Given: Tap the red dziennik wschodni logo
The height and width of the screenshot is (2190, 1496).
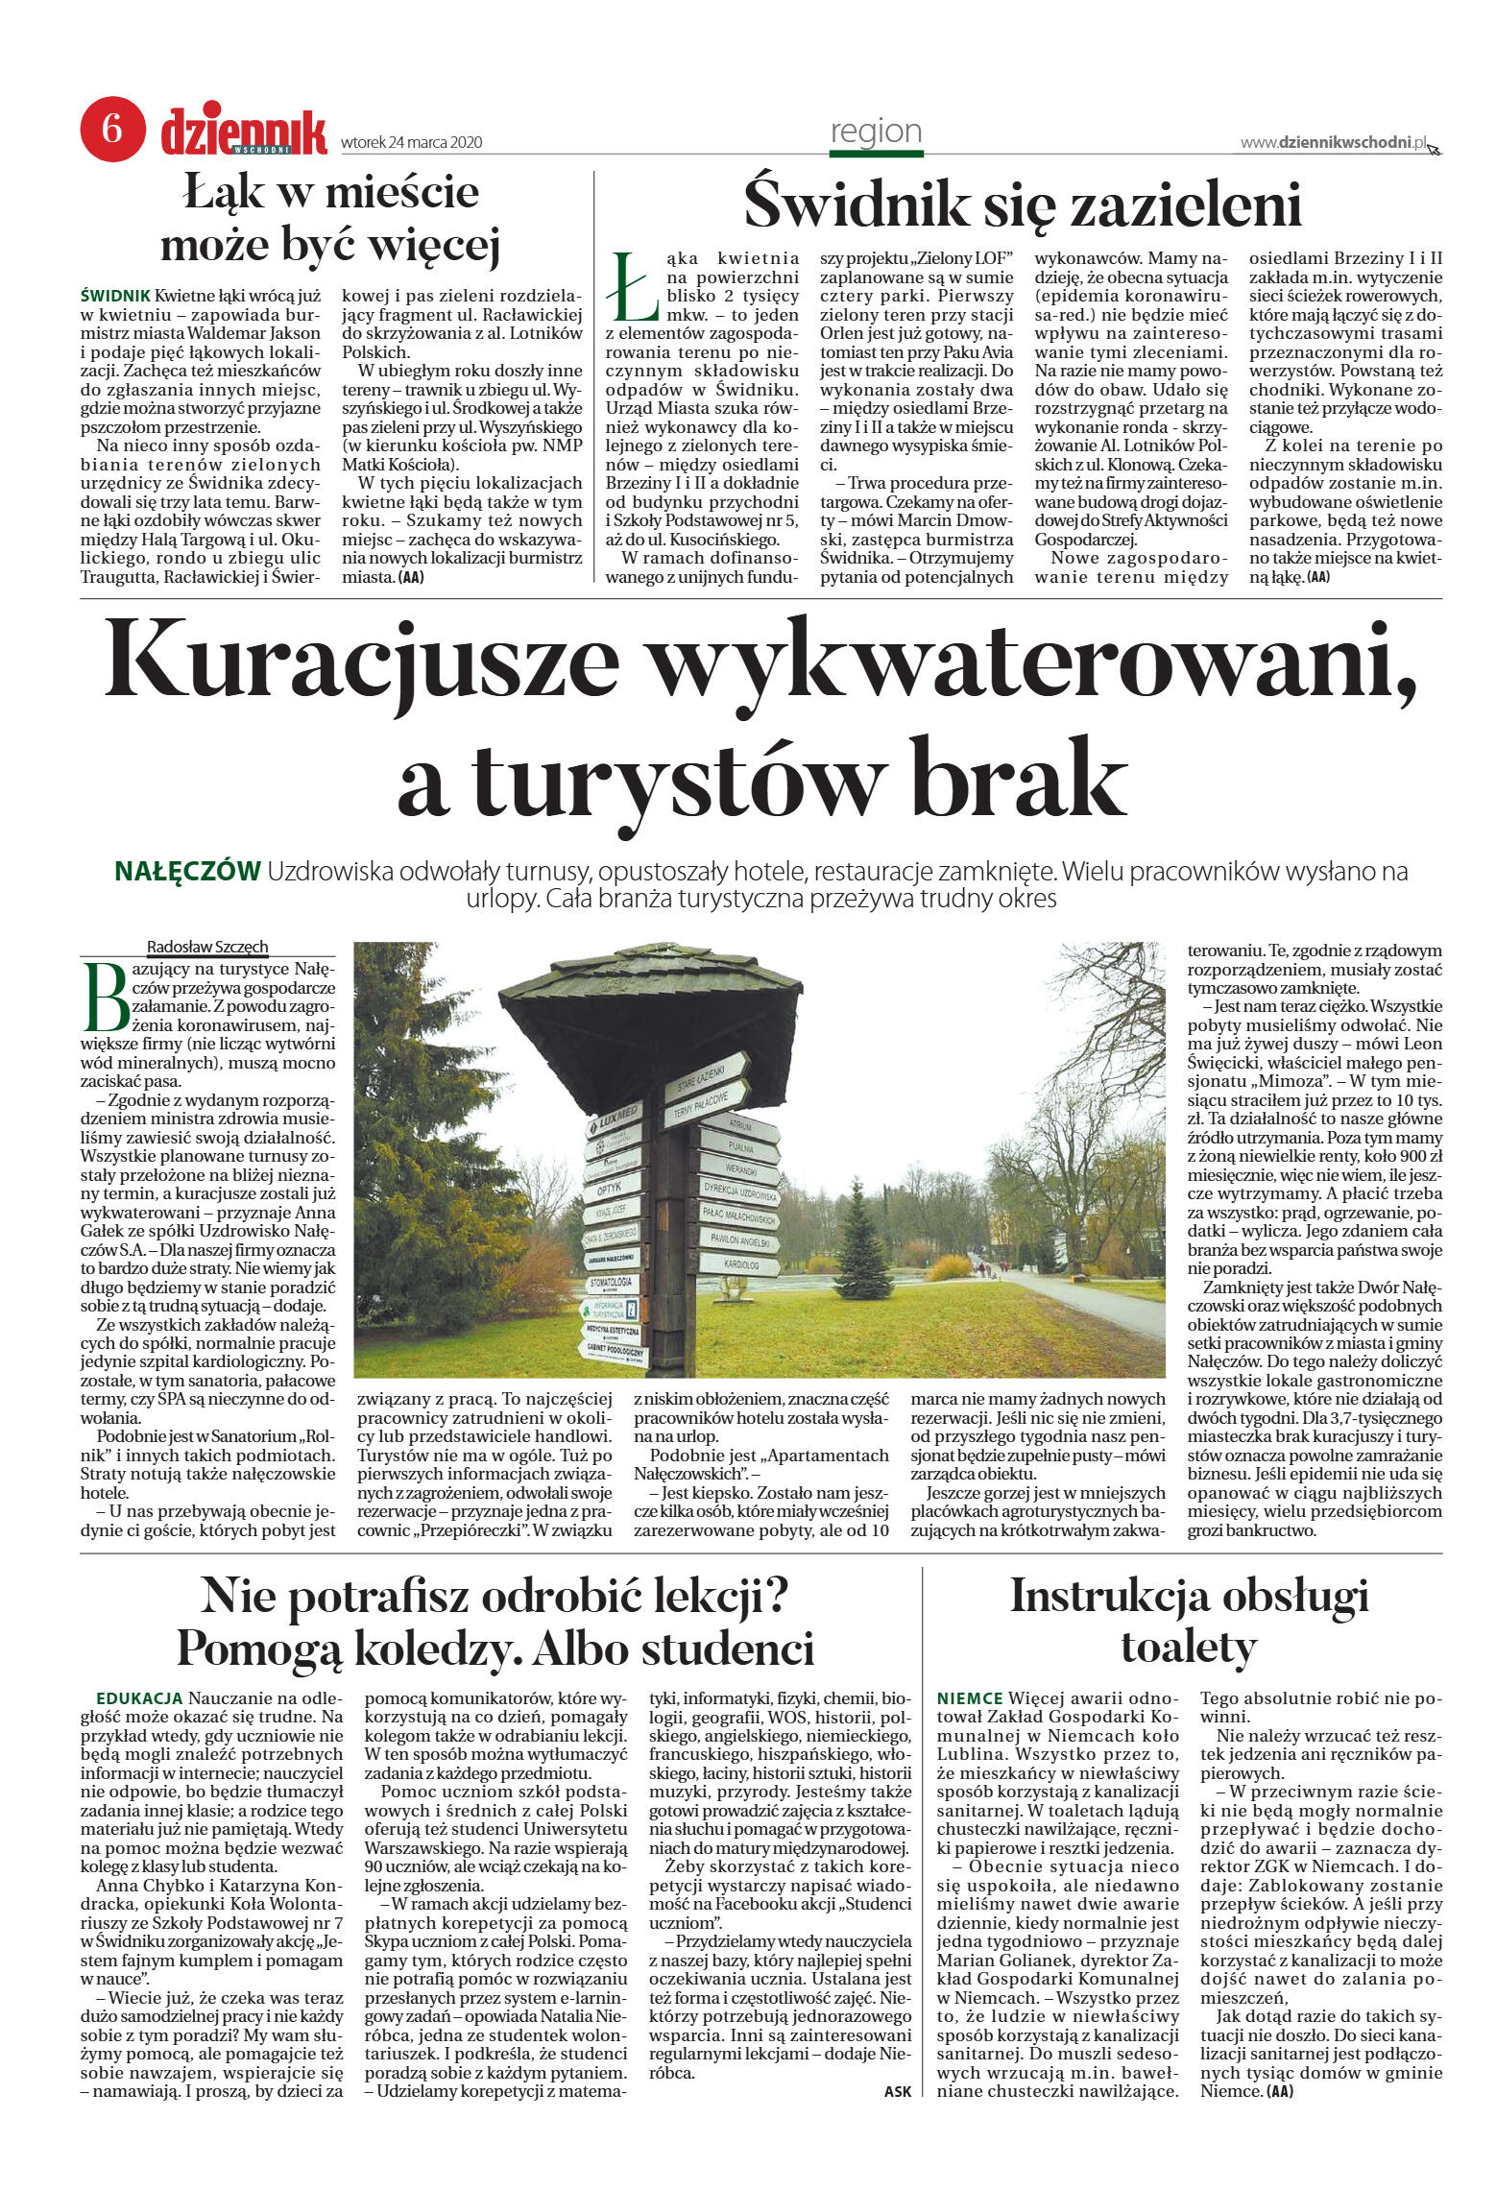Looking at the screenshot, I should pyautogui.click(x=244, y=132).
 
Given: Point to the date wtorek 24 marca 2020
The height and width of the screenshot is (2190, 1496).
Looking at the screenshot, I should pyautogui.click(x=412, y=143).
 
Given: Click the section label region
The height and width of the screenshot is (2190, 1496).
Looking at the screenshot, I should pyautogui.click(x=876, y=131).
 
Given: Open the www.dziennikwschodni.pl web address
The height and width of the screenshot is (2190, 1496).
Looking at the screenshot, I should pyautogui.click(x=1333, y=142).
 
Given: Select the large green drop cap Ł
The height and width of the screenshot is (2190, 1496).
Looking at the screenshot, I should pyautogui.click(x=634, y=287).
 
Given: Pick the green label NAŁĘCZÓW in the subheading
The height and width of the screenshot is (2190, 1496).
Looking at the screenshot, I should pyautogui.click(x=187, y=872).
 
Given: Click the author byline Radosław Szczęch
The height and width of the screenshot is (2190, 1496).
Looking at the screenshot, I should pyautogui.click(x=207, y=947).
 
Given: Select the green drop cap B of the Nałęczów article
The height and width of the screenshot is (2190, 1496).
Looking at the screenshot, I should pyautogui.click(x=106, y=994).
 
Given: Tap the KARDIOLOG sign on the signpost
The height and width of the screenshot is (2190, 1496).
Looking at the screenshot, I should pyautogui.click(x=740, y=1264).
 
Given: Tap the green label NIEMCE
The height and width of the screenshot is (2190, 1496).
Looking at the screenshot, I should pyautogui.click(x=969, y=1698).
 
